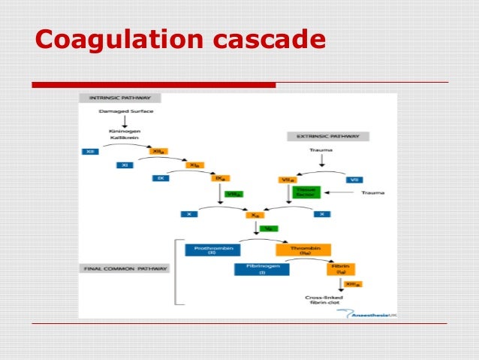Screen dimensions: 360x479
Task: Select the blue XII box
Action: point(90,151)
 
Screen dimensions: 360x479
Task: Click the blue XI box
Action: point(124,165)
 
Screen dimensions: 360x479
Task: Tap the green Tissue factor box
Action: point(308,192)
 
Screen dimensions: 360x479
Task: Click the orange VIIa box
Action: point(285,179)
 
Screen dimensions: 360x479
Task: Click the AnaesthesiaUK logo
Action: point(367,313)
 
